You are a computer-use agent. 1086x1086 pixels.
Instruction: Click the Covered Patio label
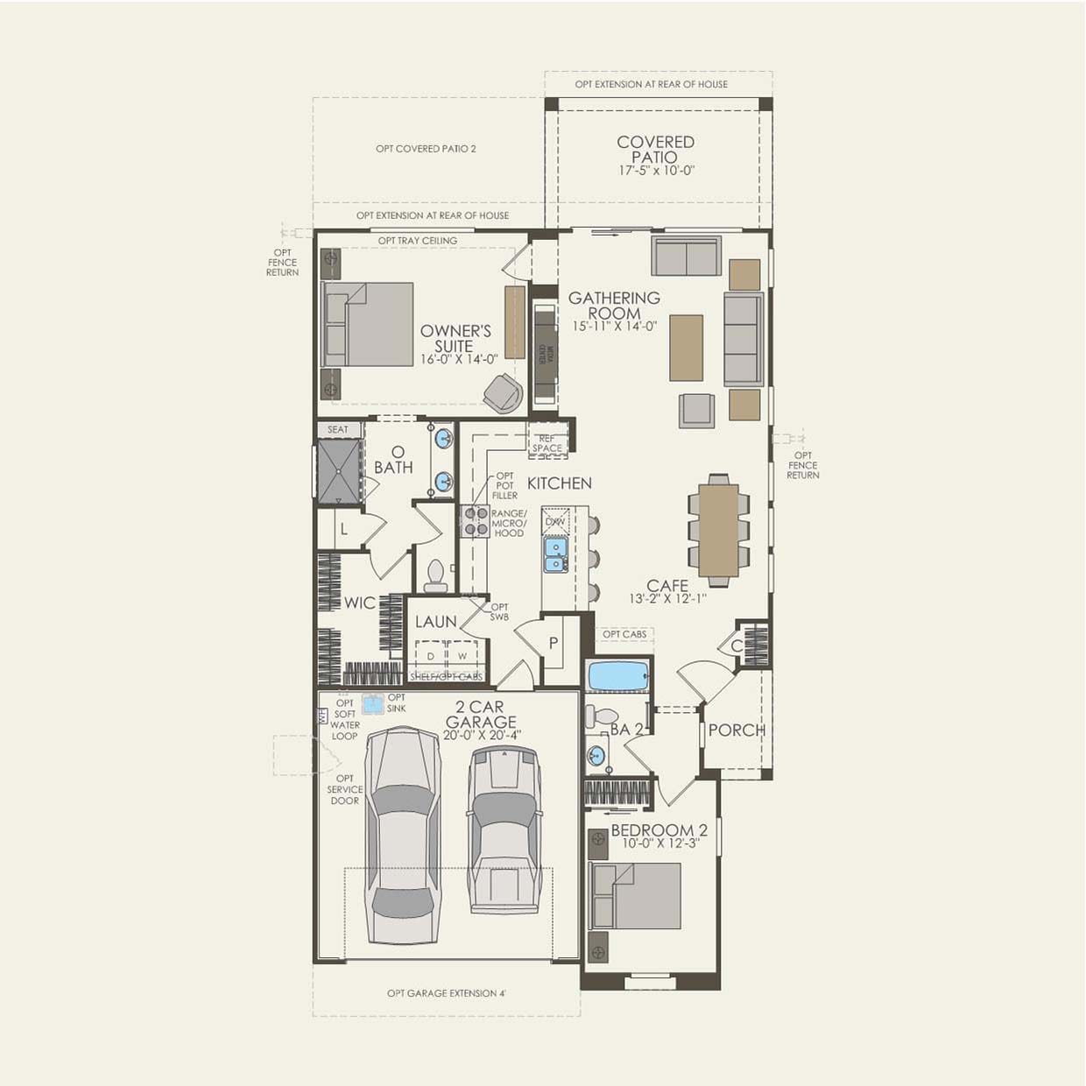click(655, 149)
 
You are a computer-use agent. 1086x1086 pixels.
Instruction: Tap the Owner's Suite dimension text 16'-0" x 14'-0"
click(458, 358)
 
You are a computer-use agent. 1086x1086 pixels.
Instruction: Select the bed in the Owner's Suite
click(368, 324)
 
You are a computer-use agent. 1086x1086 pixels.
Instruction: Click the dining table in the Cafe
click(718, 531)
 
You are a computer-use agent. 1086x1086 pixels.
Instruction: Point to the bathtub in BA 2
click(618, 676)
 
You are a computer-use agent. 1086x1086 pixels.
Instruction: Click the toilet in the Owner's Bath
click(434, 576)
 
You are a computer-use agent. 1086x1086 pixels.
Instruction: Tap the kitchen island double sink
click(555, 554)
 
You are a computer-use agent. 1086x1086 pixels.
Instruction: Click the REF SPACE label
click(547, 443)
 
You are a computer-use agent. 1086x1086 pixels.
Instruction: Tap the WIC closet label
click(359, 603)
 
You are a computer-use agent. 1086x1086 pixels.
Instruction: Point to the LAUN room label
click(436, 622)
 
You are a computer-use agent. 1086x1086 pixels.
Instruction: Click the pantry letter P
click(554, 644)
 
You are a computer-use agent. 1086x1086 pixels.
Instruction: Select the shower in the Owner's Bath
click(340, 471)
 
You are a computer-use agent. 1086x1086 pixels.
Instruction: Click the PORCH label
click(737, 730)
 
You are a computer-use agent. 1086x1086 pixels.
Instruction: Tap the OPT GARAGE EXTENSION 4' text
click(447, 993)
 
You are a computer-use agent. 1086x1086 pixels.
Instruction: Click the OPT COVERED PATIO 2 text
click(426, 149)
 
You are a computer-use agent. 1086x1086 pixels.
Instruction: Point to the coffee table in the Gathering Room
click(686, 348)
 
